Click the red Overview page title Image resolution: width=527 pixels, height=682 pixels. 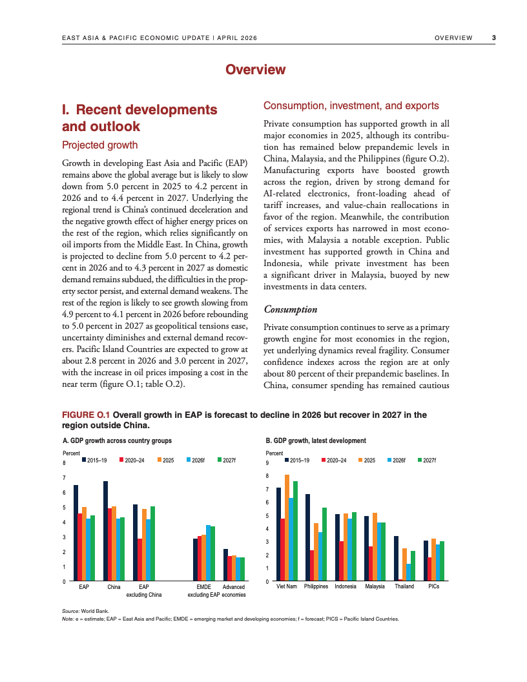click(255, 70)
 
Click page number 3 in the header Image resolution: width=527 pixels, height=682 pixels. click(494, 38)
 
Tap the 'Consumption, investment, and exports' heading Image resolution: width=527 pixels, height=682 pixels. click(351, 106)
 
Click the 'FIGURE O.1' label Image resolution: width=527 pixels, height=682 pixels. click(86, 415)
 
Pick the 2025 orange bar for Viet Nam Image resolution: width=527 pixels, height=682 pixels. click(287, 528)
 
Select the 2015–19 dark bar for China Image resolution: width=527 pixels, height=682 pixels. click(105, 531)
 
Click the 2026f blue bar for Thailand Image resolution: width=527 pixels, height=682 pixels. click(409, 573)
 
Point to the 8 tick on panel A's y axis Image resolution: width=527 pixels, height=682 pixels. click(64, 463)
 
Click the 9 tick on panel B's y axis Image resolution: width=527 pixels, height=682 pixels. click(268, 463)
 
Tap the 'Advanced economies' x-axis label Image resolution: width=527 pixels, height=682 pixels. click(233, 590)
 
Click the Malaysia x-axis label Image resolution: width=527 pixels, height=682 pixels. click(375, 586)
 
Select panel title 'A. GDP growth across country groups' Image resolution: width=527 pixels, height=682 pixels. click(117, 440)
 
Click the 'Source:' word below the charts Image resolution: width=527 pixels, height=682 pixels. click(70, 610)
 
